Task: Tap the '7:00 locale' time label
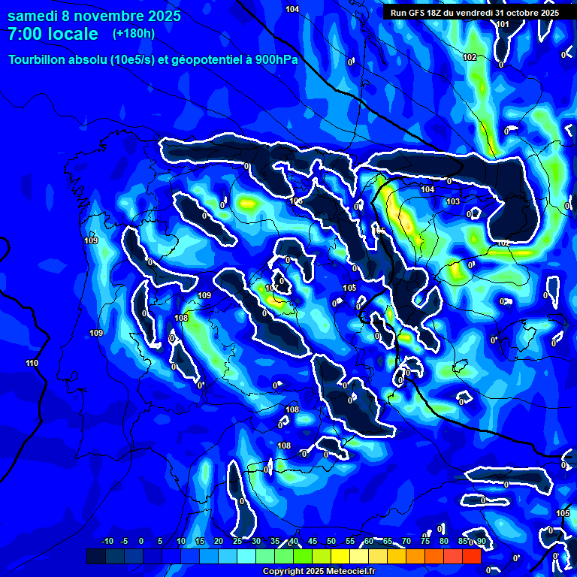point(53,34)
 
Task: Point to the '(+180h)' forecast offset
point(134,34)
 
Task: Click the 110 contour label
point(32,364)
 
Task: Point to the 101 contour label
point(503,25)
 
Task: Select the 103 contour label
point(453,202)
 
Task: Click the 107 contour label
point(272,288)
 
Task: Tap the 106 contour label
point(296,201)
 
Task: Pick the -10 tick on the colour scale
point(107,541)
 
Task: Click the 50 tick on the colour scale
point(331,541)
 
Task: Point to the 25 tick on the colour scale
point(237,541)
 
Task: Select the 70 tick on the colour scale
point(406,541)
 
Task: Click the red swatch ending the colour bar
point(471,556)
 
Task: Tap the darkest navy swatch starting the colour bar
point(95,556)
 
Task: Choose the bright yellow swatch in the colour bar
point(340,556)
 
